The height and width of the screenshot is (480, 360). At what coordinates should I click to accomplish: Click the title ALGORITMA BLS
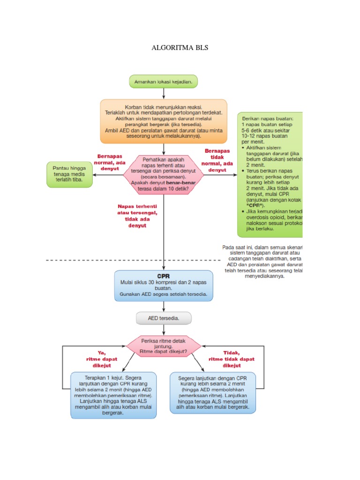(180, 48)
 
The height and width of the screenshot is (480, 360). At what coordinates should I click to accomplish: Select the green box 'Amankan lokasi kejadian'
(163, 82)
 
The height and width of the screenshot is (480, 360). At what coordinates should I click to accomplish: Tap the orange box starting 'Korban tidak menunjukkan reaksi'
(163, 121)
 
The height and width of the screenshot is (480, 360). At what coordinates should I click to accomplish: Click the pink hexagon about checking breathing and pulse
(163, 174)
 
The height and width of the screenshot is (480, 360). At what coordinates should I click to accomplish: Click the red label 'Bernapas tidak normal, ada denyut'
(217, 160)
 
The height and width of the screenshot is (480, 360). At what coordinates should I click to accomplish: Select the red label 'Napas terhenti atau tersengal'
(137, 216)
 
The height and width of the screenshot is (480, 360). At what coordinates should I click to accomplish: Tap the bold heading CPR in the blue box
(163, 276)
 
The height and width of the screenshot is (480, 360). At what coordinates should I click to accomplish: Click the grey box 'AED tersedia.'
(163, 318)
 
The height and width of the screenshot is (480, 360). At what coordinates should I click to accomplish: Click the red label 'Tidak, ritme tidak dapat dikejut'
(232, 359)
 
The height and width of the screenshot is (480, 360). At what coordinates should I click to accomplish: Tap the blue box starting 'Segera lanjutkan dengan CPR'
(213, 392)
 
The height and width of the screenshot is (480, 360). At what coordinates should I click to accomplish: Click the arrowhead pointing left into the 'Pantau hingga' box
(95, 174)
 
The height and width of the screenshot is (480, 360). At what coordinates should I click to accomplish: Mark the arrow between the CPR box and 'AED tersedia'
(163, 307)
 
